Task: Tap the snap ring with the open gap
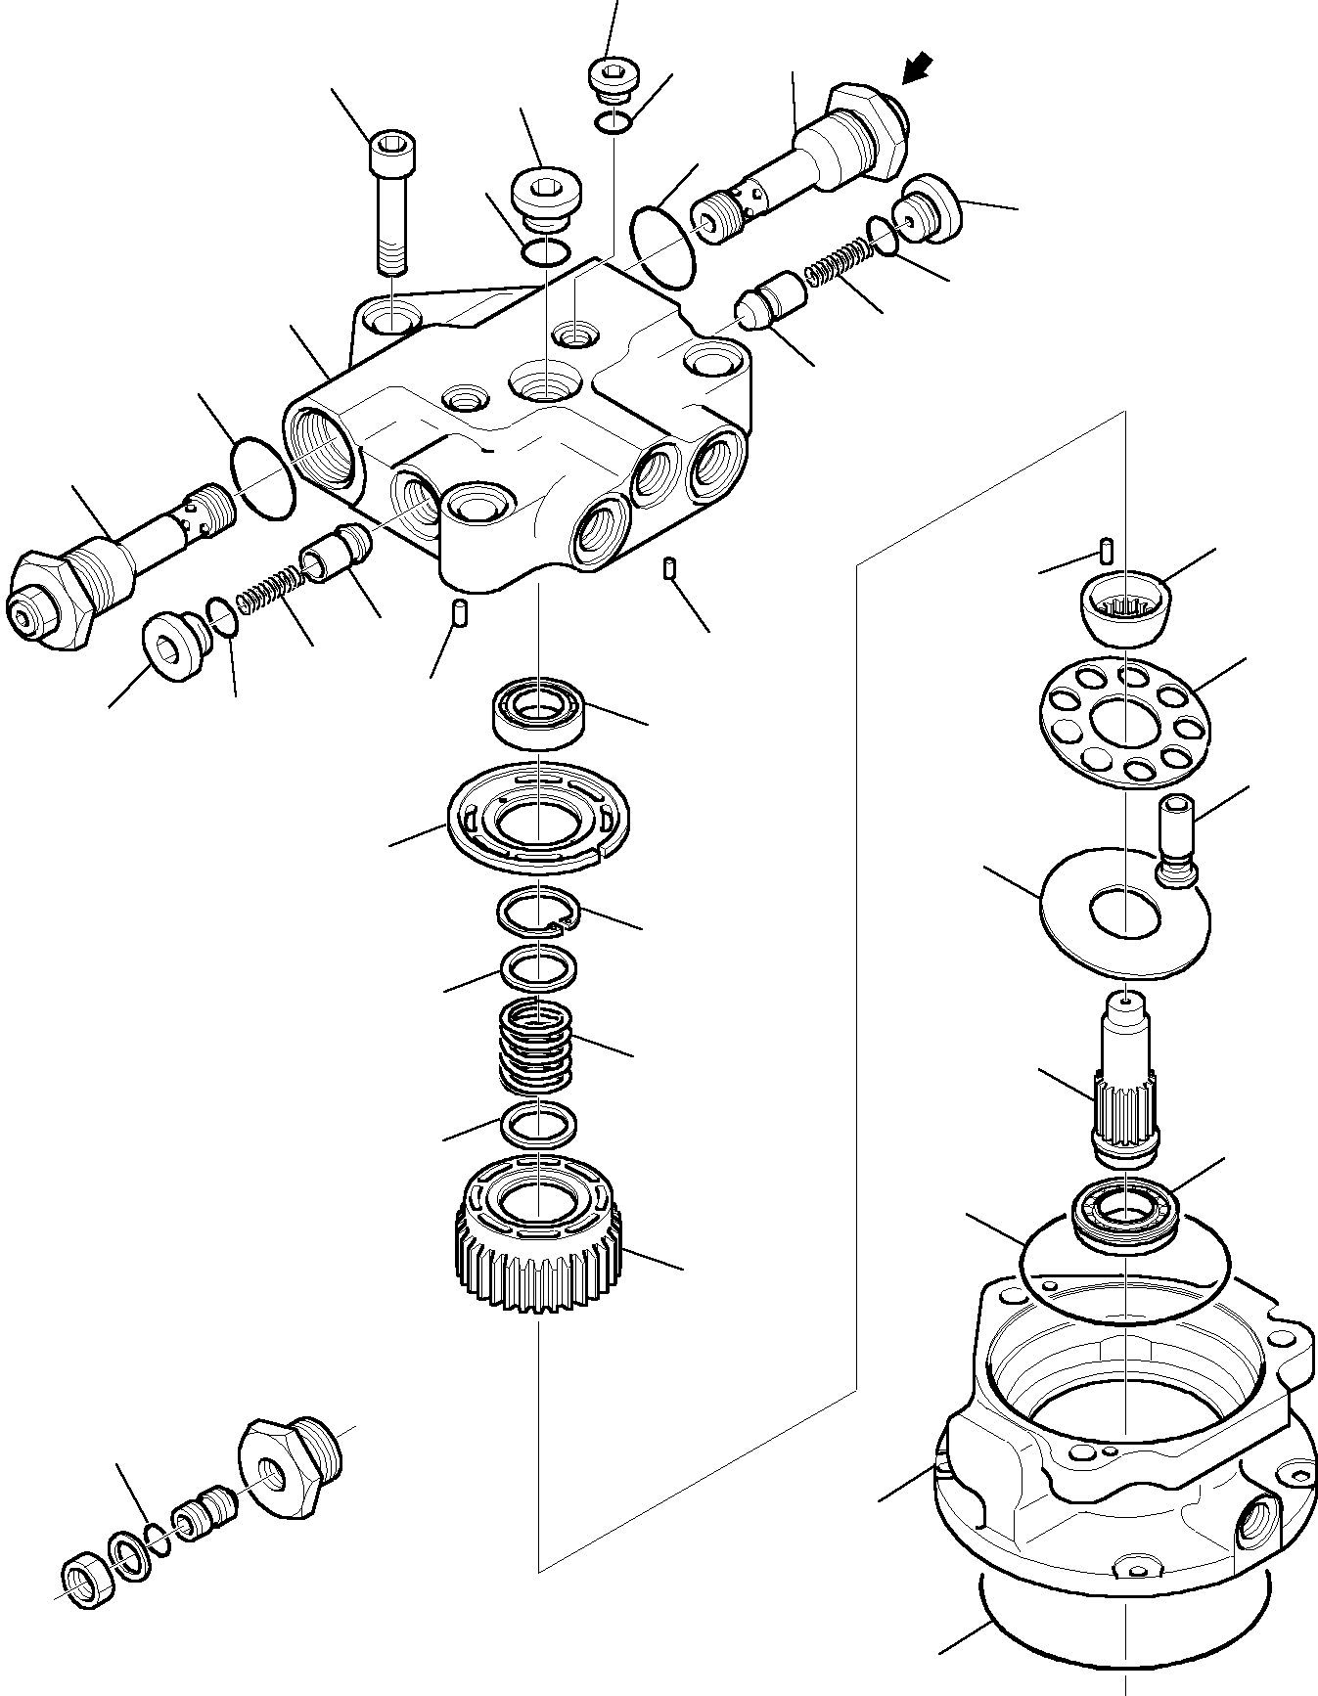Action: click(x=537, y=911)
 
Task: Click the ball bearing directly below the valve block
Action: click(x=537, y=711)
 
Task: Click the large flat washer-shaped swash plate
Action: click(x=1125, y=912)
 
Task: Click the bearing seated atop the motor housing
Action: click(x=1125, y=1213)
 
